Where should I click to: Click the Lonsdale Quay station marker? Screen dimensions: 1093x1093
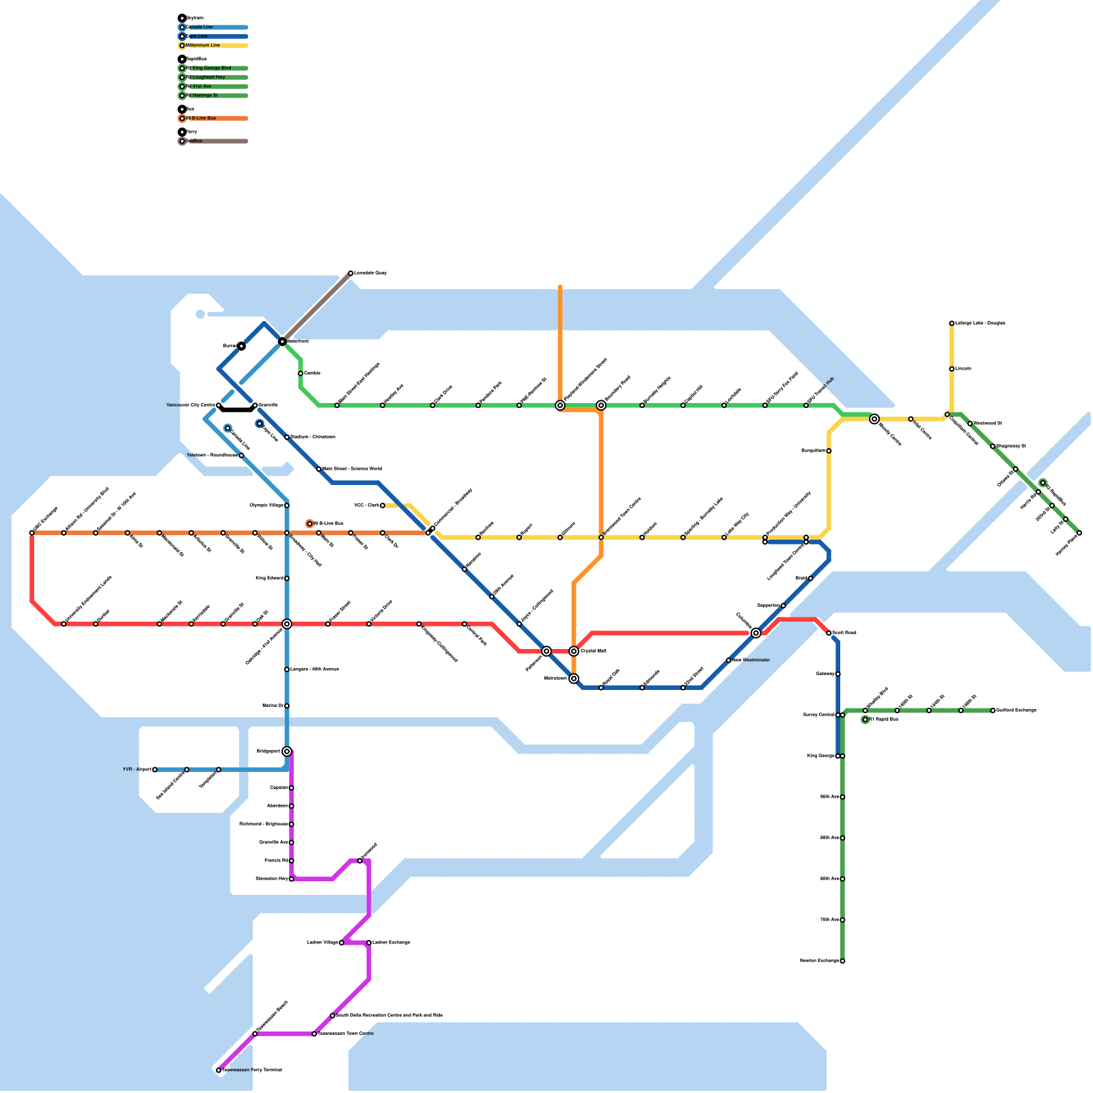(350, 273)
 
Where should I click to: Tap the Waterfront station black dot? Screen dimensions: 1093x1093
(282, 341)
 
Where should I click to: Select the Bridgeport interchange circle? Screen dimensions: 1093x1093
(287, 751)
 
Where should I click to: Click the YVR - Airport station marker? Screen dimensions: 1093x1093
(155, 770)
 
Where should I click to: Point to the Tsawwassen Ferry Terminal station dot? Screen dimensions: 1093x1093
(219, 1070)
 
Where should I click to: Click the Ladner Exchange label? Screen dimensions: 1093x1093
(391, 943)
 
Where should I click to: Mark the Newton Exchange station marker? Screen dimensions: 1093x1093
(842, 961)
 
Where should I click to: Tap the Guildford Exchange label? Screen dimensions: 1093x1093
(1016, 710)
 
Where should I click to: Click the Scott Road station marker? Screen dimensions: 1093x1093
(829, 633)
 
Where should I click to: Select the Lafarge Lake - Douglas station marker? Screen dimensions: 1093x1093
(952, 323)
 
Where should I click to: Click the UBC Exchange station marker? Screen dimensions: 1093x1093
(32, 533)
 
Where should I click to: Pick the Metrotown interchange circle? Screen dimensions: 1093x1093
(574, 678)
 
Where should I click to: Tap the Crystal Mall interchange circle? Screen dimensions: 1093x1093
(574, 651)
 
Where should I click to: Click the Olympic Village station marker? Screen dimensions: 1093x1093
(287, 506)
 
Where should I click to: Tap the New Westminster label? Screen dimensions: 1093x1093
(751, 661)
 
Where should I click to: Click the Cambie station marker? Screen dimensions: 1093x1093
(301, 374)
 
